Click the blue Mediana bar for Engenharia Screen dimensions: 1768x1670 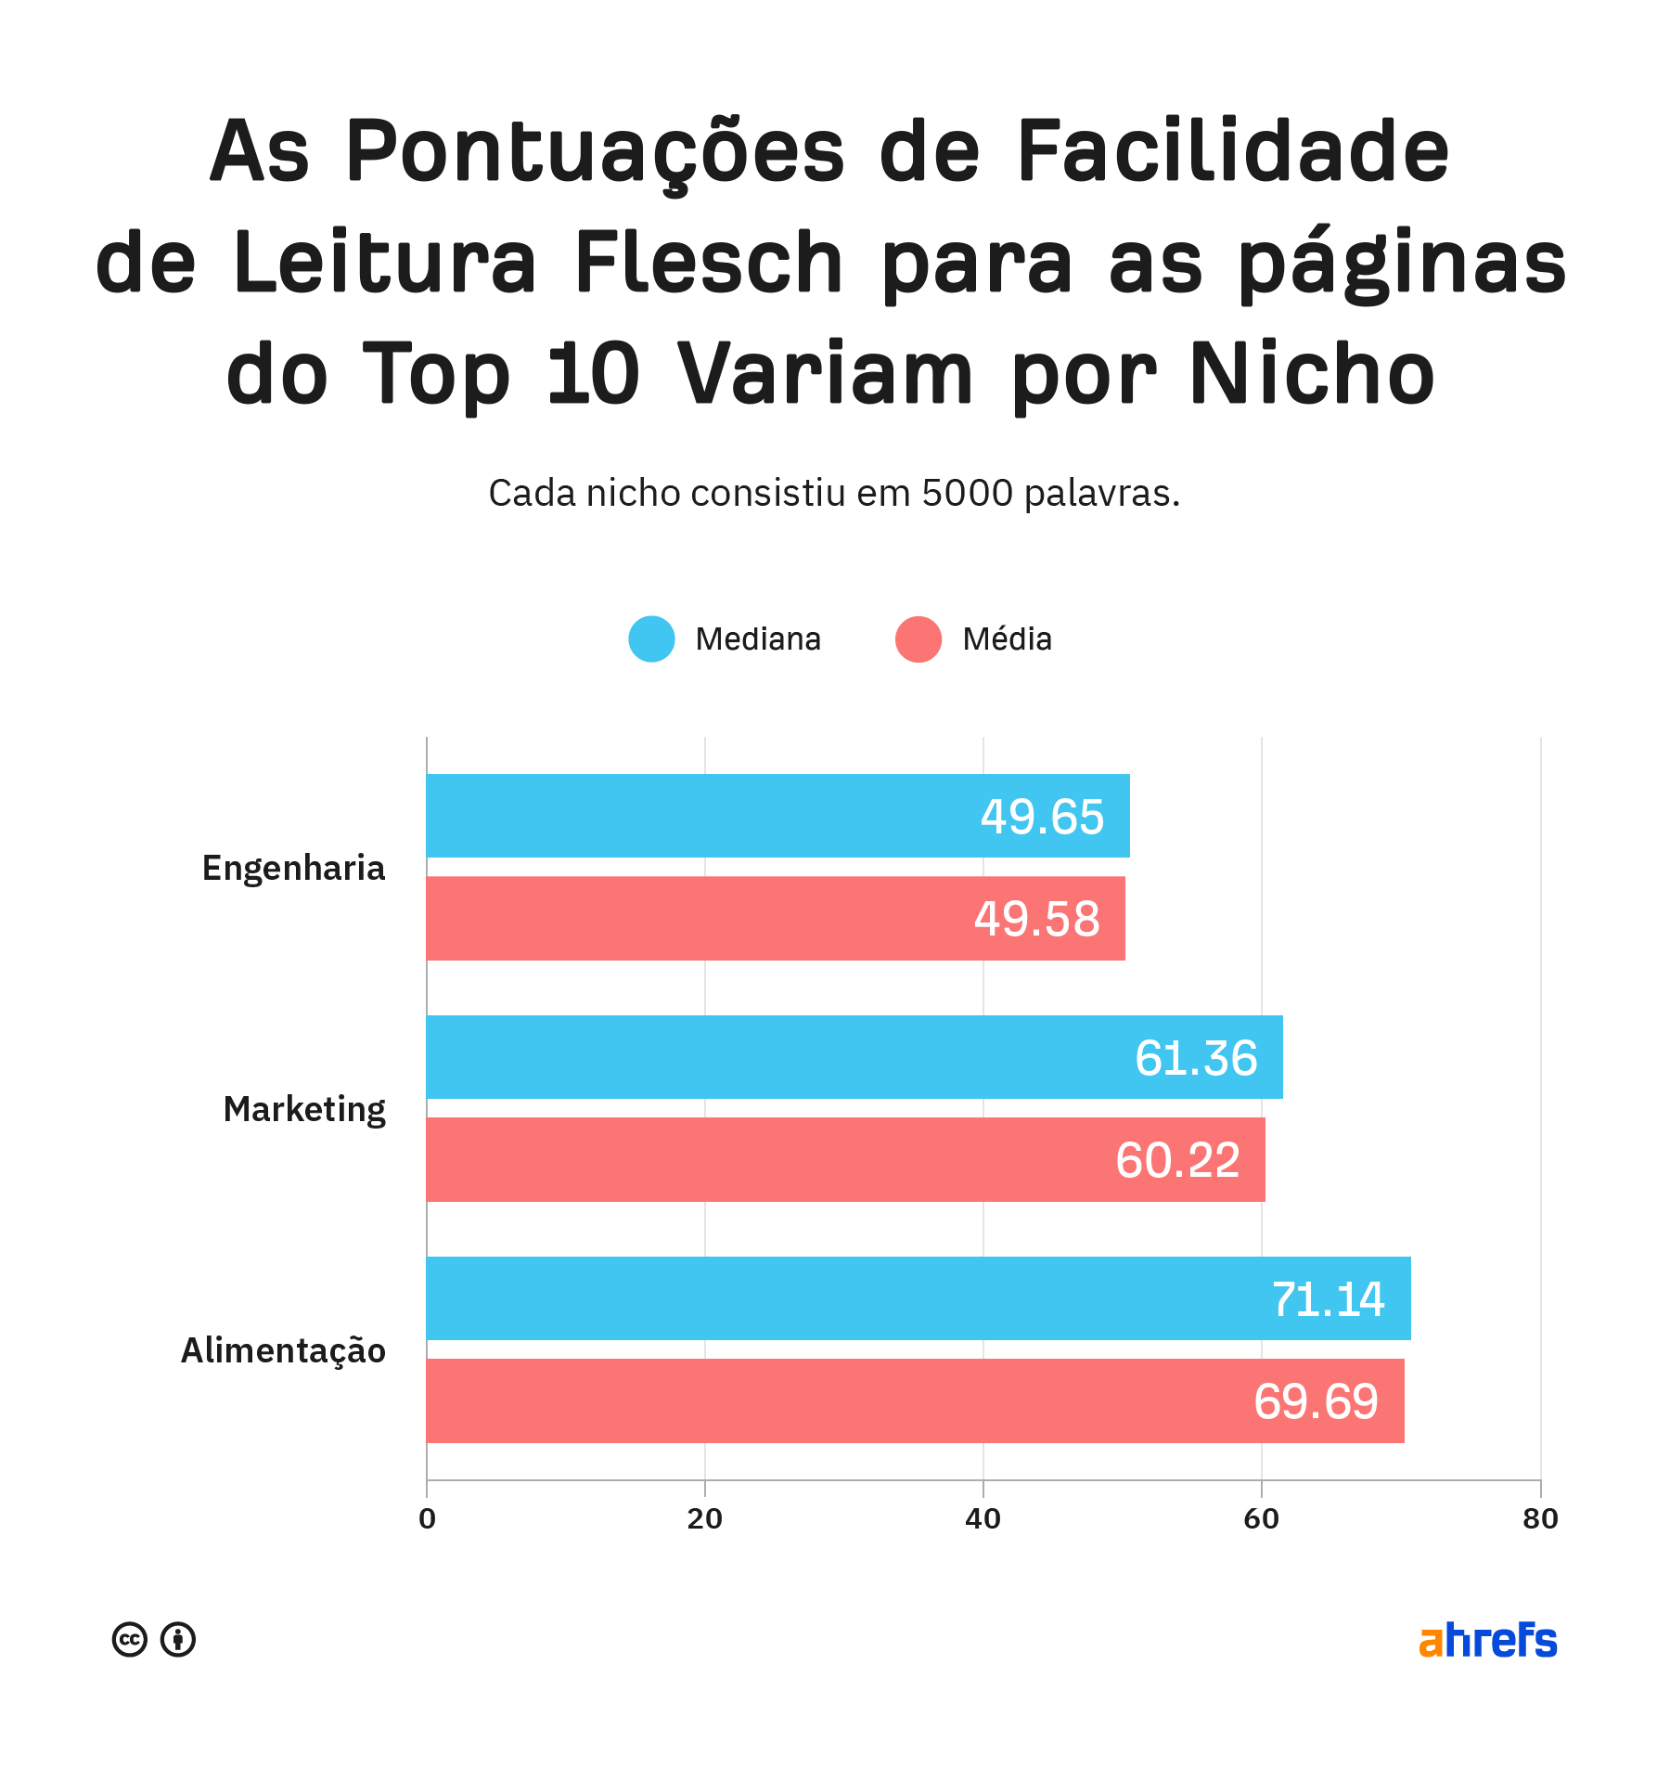point(777,816)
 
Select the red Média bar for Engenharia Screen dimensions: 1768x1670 point(776,918)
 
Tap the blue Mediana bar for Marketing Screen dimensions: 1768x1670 point(854,1057)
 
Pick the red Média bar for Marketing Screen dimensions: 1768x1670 point(845,1159)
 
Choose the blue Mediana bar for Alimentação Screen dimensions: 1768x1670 point(918,1298)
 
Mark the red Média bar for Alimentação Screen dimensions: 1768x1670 point(915,1400)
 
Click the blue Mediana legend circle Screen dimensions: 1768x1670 point(651,639)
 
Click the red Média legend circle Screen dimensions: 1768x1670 point(918,639)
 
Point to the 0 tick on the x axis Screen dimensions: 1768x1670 point(427,1519)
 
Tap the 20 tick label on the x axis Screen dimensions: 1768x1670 point(705,1519)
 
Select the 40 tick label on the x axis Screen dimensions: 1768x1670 point(983,1519)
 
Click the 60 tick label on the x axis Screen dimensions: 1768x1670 point(1262,1519)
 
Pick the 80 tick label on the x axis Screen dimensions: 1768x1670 point(1540,1519)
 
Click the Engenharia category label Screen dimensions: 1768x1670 point(293,869)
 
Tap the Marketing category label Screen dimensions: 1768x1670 point(304,1110)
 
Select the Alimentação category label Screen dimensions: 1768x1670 point(283,1351)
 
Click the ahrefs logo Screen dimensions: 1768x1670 point(1488,1640)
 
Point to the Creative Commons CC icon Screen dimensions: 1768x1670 point(130,1639)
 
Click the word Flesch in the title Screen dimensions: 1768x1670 point(709,263)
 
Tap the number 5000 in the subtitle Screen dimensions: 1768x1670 point(968,493)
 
